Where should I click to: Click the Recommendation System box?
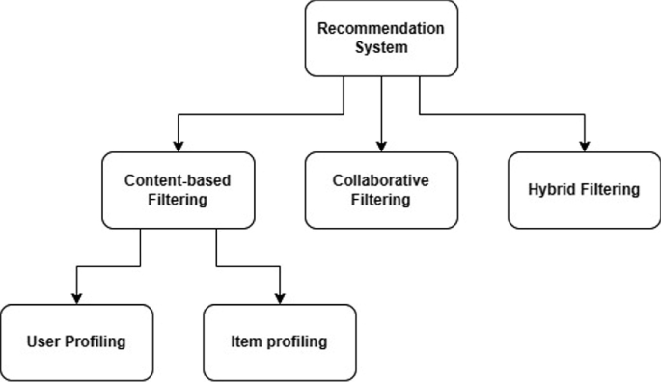pyautogui.click(x=381, y=39)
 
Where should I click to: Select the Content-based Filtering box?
pyautogui.click(x=178, y=190)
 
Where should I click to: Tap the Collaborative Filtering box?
pyautogui.click(x=381, y=190)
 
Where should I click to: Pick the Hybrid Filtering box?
pyautogui.click(x=585, y=190)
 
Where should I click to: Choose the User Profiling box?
pyautogui.click(x=76, y=341)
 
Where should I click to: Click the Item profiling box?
pyautogui.click(x=279, y=341)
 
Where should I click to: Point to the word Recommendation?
pyautogui.click(x=381, y=28)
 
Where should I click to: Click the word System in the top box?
pyautogui.click(x=381, y=47)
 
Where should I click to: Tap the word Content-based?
pyautogui.click(x=178, y=179)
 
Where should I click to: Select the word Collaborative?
pyautogui.click(x=381, y=180)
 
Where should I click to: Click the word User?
pyautogui.click(x=43, y=341)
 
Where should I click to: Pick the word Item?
pyautogui.click(x=245, y=341)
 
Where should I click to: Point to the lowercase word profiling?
pyautogui.click(x=294, y=341)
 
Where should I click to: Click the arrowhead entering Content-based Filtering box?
pyautogui.click(x=178, y=147)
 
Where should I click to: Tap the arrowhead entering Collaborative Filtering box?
pyautogui.click(x=381, y=147)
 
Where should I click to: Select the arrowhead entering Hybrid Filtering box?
pyautogui.click(x=585, y=147)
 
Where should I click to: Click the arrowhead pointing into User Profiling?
pyautogui.click(x=76, y=298)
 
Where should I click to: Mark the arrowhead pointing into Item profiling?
pyautogui.click(x=279, y=298)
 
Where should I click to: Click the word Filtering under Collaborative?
pyautogui.click(x=381, y=201)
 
